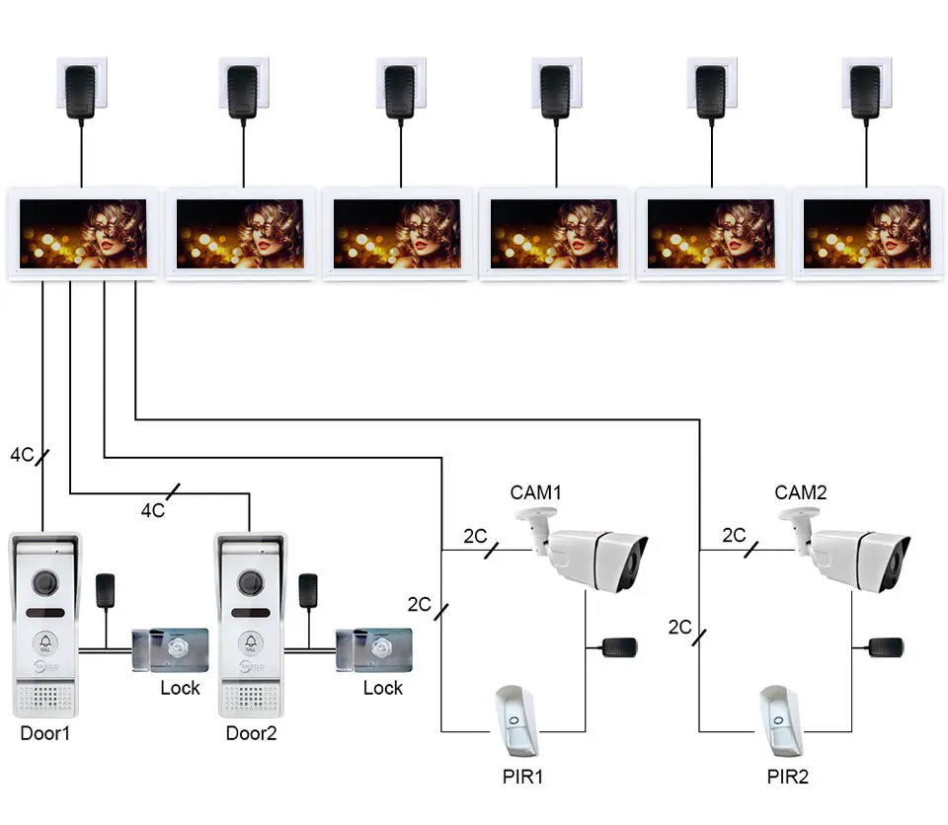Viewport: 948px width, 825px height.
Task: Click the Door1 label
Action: (45, 733)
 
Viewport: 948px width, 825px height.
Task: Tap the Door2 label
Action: (251, 733)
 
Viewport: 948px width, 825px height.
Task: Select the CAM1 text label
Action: (535, 492)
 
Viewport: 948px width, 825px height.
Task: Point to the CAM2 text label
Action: (801, 492)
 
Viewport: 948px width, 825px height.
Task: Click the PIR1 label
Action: (523, 777)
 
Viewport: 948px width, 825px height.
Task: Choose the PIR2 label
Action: (788, 777)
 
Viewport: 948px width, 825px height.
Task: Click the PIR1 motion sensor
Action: (515, 720)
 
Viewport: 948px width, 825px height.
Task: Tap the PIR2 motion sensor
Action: (780, 720)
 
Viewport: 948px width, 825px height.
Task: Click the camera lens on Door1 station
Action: (45, 582)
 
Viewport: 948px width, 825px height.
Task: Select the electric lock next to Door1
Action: (170, 649)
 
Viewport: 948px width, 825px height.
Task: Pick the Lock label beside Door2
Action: (383, 688)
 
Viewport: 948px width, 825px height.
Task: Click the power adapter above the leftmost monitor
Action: (80, 92)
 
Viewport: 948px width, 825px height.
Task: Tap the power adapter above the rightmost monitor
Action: (866, 92)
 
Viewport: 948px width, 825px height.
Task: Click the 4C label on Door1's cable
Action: (23, 455)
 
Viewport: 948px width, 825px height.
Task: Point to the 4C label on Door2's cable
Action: (153, 511)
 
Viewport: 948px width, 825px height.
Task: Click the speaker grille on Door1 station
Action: (45, 699)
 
